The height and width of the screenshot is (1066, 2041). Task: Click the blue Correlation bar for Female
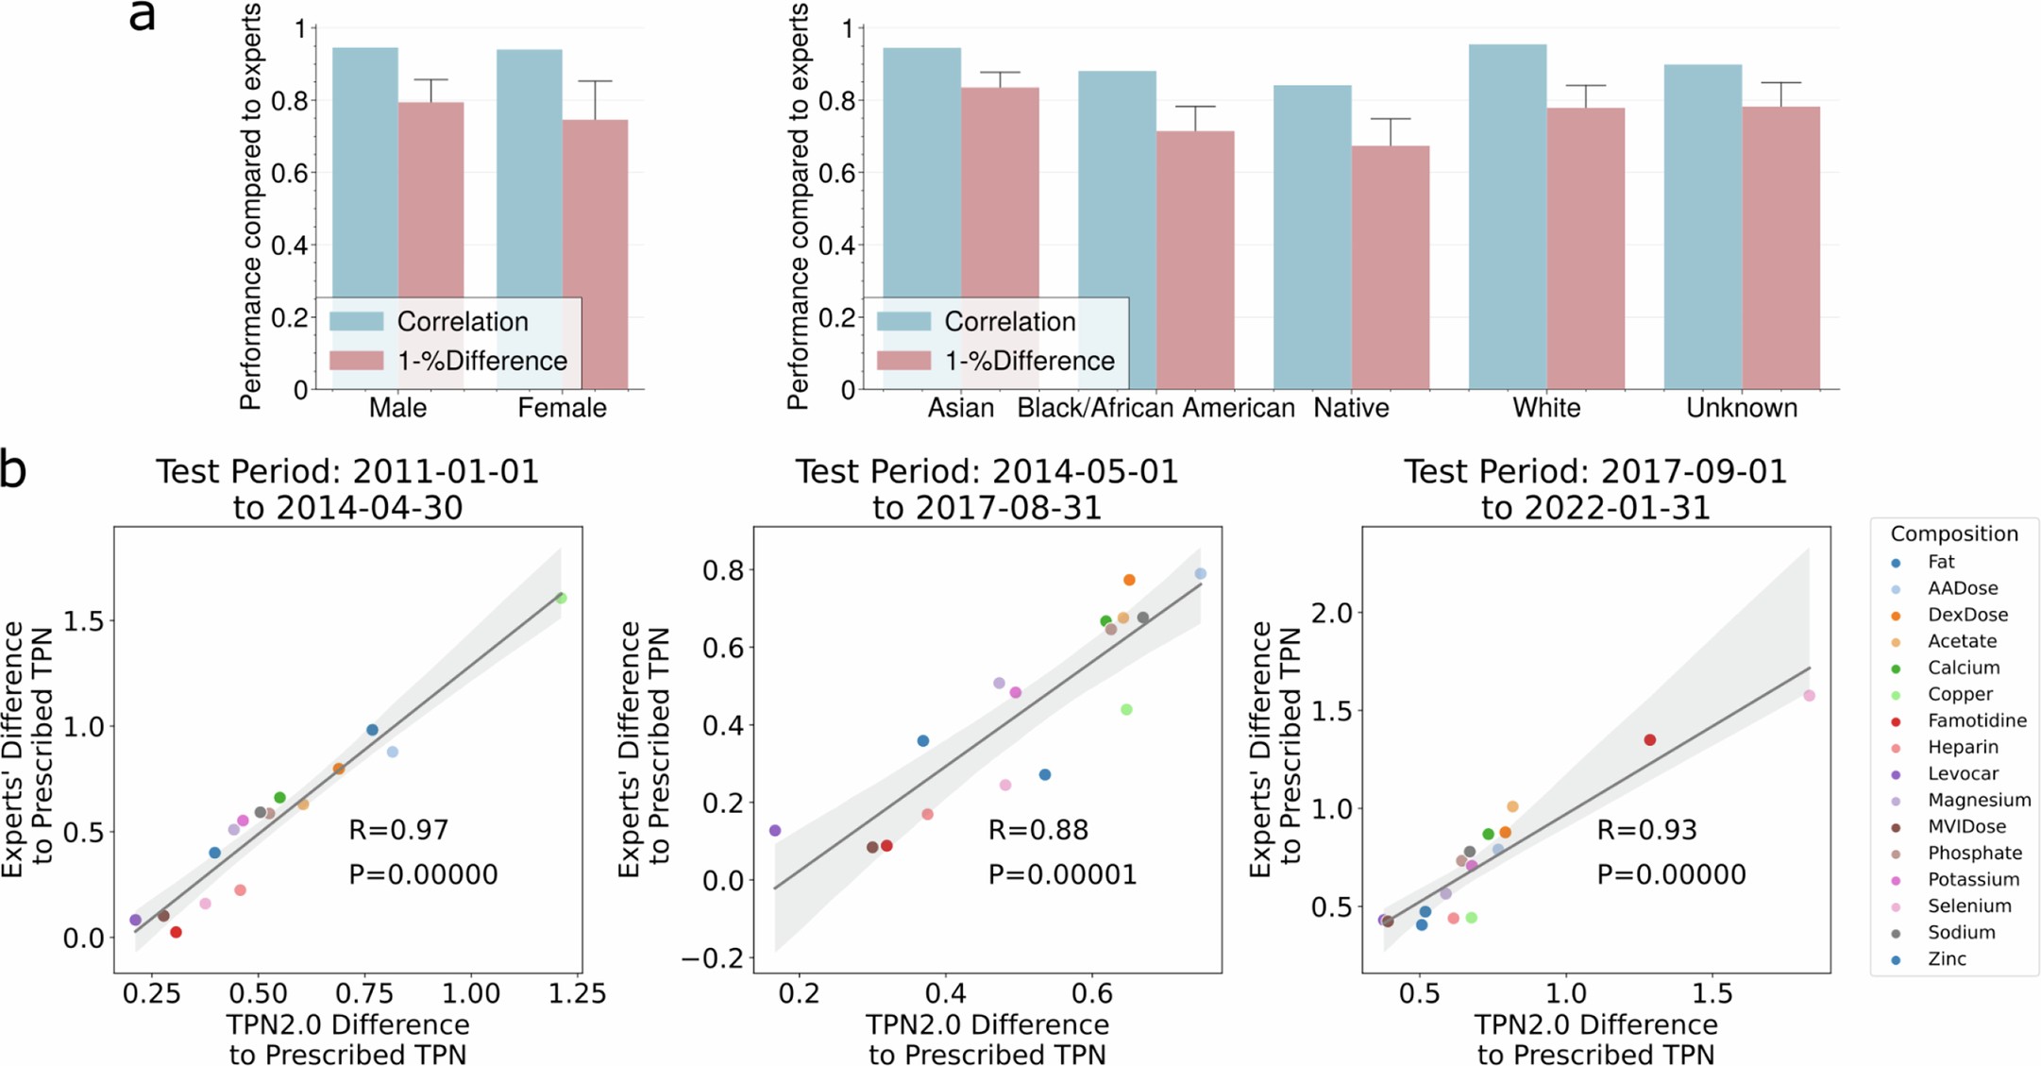point(529,189)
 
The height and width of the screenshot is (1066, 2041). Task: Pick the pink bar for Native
point(1390,264)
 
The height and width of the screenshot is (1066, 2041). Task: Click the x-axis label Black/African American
point(1155,408)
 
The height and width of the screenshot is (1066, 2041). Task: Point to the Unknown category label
point(1741,408)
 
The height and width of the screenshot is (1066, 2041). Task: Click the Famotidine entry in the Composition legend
point(1976,720)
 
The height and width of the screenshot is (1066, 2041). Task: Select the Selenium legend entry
point(1968,905)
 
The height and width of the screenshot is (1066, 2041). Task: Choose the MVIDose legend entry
point(1965,826)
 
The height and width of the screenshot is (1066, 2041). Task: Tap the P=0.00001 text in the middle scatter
point(1062,874)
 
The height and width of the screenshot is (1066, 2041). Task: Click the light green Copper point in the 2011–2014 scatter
point(562,599)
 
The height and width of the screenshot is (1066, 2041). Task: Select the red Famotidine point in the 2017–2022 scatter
point(1649,740)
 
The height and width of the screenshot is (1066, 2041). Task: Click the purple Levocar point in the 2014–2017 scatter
point(775,831)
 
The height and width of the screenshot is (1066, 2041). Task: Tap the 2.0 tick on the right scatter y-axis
point(1332,613)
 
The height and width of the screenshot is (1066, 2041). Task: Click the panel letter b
point(13,469)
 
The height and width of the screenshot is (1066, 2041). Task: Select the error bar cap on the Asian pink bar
point(1000,73)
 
